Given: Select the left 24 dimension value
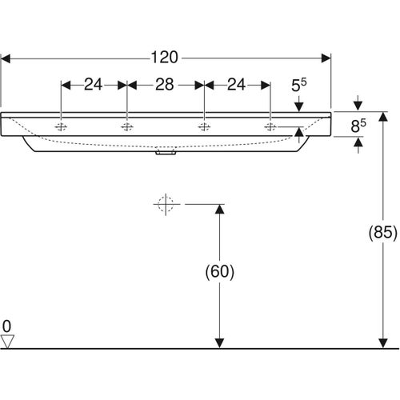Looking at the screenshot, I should pyautogui.click(x=94, y=84).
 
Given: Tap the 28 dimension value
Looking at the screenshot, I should pyautogui.click(x=166, y=84).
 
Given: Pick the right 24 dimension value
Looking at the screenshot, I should pyautogui.click(x=238, y=84).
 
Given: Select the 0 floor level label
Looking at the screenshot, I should pyautogui.click(x=8, y=326).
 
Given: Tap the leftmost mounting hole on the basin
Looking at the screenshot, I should pyautogui.click(x=62, y=126).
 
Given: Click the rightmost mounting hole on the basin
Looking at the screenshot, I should pyautogui.click(x=270, y=126).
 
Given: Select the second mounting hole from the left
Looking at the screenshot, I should pyautogui.click(x=126, y=126).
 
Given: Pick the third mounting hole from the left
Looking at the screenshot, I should pyautogui.click(x=205, y=126).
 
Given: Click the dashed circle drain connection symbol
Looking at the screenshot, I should pyautogui.click(x=166, y=205).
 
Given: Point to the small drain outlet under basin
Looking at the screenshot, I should pyautogui.click(x=166, y=155).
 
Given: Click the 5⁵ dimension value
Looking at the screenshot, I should pyautogui.click(x=298, y=84).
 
